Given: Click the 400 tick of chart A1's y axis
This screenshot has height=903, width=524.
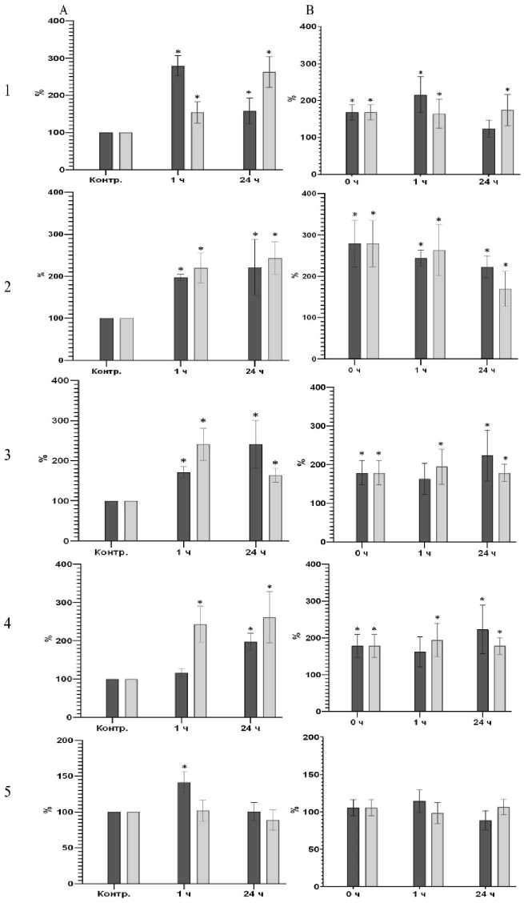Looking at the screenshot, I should click(55, 21).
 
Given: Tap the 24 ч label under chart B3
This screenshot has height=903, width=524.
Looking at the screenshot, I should click(482, 553).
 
